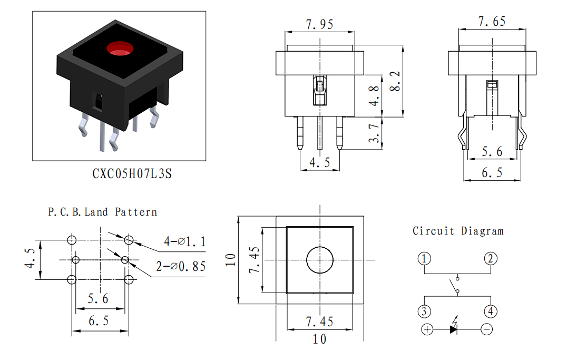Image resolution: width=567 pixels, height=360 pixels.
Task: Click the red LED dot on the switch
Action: point(120,49)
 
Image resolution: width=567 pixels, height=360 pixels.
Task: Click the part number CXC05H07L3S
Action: point(132,173)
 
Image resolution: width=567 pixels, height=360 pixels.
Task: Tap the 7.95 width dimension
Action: point(320,24)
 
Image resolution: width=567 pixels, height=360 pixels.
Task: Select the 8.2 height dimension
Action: point(396,81)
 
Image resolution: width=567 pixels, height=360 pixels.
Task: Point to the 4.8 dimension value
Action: point(374,96)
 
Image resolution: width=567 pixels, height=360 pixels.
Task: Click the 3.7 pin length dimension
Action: point(374,133)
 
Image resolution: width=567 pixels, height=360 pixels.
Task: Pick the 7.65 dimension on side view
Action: point(492,21)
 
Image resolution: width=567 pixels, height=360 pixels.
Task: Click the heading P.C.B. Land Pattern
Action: point(103,212)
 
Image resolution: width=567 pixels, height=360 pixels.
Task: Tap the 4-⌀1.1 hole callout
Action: point(185,241)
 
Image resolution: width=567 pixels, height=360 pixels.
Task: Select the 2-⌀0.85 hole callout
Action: point(181,266)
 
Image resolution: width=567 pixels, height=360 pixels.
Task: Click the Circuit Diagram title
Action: point(458,231)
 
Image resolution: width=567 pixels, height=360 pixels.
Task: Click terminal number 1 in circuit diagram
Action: point(424,259)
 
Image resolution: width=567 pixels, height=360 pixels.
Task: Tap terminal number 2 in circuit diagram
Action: point(491,259)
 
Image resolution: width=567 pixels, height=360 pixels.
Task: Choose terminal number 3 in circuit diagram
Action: point(424,311)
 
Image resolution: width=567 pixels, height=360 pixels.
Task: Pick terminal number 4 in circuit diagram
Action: point(491,311)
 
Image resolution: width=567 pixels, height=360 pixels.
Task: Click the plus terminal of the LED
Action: point(427,329)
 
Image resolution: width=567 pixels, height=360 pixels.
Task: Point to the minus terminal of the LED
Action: point(487,329)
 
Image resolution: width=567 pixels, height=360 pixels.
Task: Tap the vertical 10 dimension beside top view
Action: point(231,260)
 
